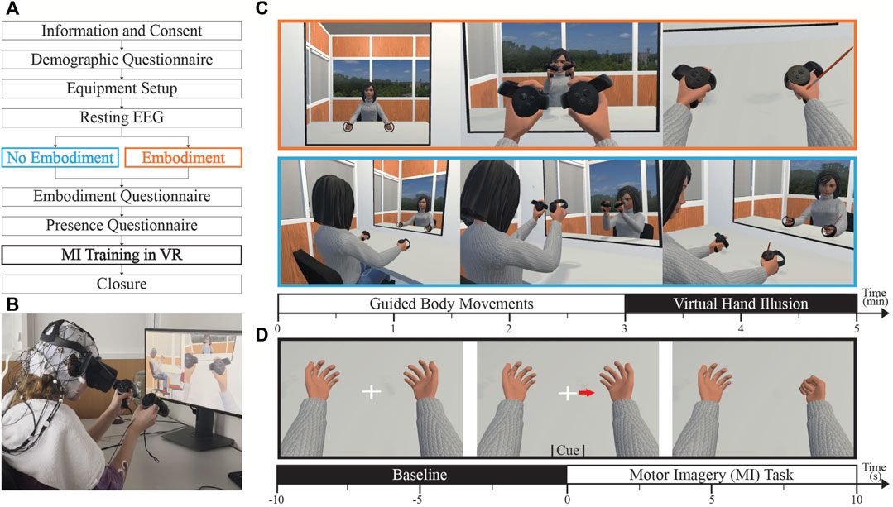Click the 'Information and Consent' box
122,32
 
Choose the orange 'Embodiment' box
183,158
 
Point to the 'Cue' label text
568,450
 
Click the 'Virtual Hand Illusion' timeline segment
740,304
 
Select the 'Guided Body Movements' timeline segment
451,304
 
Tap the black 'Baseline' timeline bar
421,476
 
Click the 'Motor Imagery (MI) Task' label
712,476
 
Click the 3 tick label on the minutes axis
624,328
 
